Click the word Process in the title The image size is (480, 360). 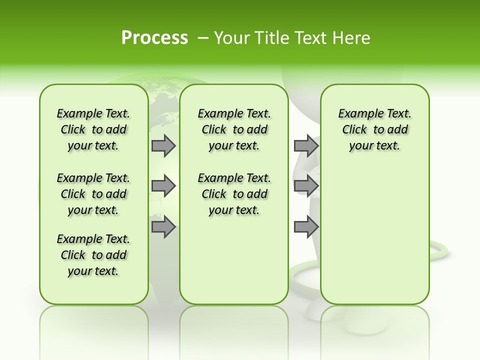[154, 37]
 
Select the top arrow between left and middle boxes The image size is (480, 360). [163, 145]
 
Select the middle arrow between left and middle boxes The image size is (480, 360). [163, 186]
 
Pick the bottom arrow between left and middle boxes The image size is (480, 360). [163, 227]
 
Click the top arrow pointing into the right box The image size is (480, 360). [306, 145]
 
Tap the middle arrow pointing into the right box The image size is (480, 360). [306, 186]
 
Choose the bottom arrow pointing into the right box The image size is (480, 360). [306, 227]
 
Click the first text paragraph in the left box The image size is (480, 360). [93, 129]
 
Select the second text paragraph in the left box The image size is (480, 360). [93, 194]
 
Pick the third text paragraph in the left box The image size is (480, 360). [93, 255]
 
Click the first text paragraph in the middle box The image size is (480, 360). [234, 129]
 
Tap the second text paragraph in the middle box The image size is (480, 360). [234, 194]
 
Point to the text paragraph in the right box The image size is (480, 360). [374, 129]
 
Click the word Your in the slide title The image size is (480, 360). [233, 38]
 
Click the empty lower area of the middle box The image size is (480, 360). [234, 260]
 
